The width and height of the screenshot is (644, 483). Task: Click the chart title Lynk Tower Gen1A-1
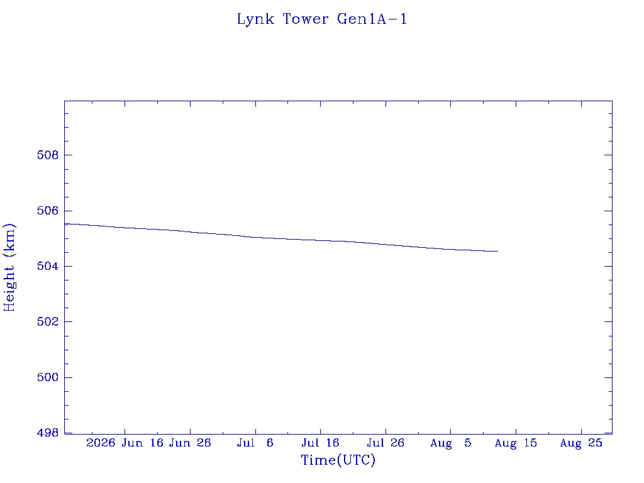click(x=322, y=19)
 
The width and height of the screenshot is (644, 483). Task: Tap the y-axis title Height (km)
click(x=9, y=267)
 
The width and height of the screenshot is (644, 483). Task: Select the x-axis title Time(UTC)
click(x=338, y=460)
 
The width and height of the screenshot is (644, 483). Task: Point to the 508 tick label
click(x=48, y=155)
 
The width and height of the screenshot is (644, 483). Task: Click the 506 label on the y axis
click(x=48, y=211)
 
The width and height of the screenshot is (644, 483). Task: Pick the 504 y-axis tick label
click(x=48, y=266)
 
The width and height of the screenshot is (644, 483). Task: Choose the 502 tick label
click(x=48, y=321)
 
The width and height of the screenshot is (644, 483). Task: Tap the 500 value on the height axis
click(x=48, y=377)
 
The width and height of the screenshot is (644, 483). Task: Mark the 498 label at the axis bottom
click(x=48, y=433)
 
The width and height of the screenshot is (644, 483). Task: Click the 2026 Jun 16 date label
click(x=125, y=443)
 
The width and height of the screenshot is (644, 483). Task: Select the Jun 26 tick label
click(x=190, y=443)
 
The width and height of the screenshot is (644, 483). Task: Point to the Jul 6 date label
click(x=255, y=443)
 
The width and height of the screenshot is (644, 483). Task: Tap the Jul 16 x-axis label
click(x=320, y=443)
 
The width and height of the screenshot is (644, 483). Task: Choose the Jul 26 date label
click(x=386, y=443)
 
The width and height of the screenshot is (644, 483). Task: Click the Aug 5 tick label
click(x=451, y=443)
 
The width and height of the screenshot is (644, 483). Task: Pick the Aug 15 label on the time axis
click(x=516, y=443)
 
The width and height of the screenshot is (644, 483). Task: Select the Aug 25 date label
click(x=581, y=443)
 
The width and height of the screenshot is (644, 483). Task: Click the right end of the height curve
click(x=498, y=252)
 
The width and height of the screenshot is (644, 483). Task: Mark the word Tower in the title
click(x=306, y=19)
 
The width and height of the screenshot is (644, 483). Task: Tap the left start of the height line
click(x=65, y=224)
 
